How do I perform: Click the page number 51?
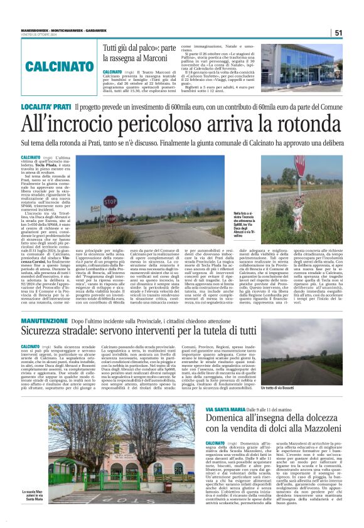coord(338,33)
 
